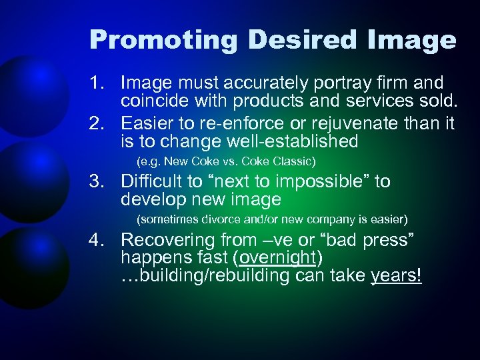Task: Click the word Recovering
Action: pyautogui.click(x=165, y=240)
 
